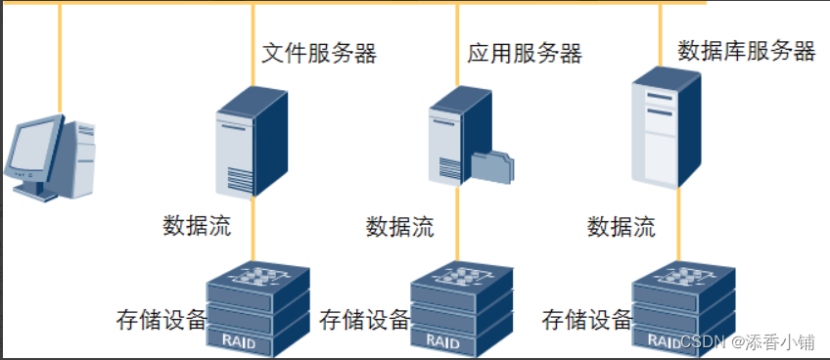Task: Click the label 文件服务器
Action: pyautogui.click(x=319, y=53)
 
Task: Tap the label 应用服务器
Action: pyautogui.click(x=525, y=53)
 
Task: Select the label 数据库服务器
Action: pyautogui.click(x=746, y=50)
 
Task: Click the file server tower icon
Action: pyautogui.click(x=251, y=142)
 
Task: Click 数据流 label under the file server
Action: pyautogui.click(x=197, y=226)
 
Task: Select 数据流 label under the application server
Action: pyautogui.click(x=400, y=227)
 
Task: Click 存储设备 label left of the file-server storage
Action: pyautogui.click(x=161, y=319)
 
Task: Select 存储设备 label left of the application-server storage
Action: pyautogui.click(x=364, y=319)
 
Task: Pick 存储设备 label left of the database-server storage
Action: pyautogui.click(x=586, y=319)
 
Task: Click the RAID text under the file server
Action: pyautogui.click(x=239, y=341)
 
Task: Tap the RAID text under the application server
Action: pyautogui.click(x=442, y=341)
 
